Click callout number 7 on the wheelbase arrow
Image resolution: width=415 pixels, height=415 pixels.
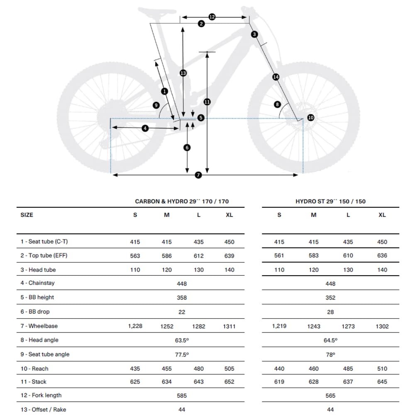pyautogui.click(x=198, y=175)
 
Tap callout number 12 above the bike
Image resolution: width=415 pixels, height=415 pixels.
pyautogui.click(x=212, y=17)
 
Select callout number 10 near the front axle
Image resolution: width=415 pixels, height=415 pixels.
pyautogui.click(x=311, y=118)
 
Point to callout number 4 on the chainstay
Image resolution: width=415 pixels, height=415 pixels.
pyautogui.click(x=145, y=129)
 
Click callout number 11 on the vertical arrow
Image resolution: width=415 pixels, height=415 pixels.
pyautogui.click(x=207, y=102)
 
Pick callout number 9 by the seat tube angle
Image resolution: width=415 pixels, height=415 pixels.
pyautogui.click(x=156, y=105)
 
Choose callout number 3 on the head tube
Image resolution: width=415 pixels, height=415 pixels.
pyautogui.click(x=254, y=34)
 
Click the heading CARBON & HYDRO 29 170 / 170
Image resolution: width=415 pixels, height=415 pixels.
pyautogui.click(x=182, y=201)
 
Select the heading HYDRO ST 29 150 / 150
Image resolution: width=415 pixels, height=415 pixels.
pyautogui.click(x=330, y=201)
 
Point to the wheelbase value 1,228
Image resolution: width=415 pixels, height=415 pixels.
pyautogui.click(x=135, y=326)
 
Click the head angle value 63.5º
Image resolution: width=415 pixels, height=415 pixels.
pyautogui.click(x=182, y=340)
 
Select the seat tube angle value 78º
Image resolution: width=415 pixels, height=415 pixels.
pyautogui.click(x=330, y=355)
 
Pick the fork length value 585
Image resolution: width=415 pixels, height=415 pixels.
pyautogui.click(x=182, y=396)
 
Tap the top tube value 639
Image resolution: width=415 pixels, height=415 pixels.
pyautogui.click(x=229, y=256)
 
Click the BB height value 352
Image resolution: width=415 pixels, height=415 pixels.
pyautogui.click(x=330, y=298)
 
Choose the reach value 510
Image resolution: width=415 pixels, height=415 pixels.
pyautogui.click(x=382, y=369)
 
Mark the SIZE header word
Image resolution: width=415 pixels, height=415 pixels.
pyautogui.click(x=27, y=215)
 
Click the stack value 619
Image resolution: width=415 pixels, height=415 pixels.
pyautogui.click(x=279, y=382)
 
